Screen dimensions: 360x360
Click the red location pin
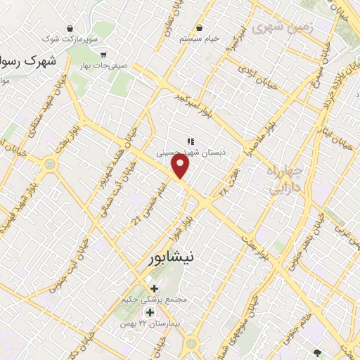[181, 166]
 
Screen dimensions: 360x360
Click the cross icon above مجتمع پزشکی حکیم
[154, 288]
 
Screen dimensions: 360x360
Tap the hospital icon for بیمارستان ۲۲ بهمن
[150, 312]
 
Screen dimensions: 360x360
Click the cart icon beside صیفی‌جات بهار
[103, 54]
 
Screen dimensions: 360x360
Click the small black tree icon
[318, 354]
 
